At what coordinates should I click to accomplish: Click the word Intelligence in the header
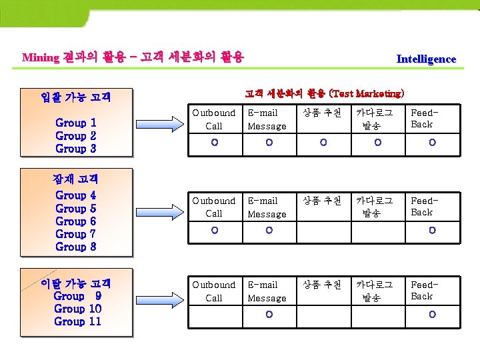(426, 59)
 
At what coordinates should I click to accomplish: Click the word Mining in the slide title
(41, 57)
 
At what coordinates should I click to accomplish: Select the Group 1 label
(76, 123)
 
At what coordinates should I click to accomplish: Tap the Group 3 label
(76, 149)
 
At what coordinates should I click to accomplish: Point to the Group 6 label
(76, 221)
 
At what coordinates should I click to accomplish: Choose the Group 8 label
(76, 247)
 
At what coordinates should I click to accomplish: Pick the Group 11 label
(78, 321)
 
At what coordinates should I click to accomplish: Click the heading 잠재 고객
(75, 179)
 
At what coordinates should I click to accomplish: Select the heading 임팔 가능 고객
(75, 97)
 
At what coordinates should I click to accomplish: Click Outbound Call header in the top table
(214, 119)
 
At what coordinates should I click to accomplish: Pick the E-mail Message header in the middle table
(267, 207)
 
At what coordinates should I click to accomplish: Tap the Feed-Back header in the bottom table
(422, 291)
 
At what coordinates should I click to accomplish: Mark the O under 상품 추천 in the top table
(323, 142)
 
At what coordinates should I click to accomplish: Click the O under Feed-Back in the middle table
(432, 231)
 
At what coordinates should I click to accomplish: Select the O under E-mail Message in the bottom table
(269, 315)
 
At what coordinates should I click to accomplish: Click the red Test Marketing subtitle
(324, 93)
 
